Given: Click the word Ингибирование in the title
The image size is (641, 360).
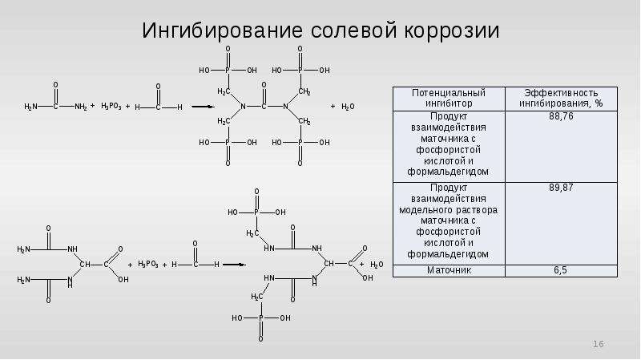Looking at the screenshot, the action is pos(222,31).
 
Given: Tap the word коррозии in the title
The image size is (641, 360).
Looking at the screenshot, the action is pos(452,31).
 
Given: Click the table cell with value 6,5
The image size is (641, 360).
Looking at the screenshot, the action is pos(560,270).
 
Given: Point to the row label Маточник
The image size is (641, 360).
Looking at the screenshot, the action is pos(449,270).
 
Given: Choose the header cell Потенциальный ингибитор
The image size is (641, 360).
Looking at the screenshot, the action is pos(449,98).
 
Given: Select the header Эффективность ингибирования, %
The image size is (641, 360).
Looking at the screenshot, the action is pos(561,98).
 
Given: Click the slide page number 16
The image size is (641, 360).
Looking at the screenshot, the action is pos(599,344).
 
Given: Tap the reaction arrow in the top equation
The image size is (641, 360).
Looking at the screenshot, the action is pos(203,107).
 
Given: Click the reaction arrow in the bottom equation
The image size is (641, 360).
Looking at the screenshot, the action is pos(234,265).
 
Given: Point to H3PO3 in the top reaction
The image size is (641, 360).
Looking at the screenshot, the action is pos(111,107).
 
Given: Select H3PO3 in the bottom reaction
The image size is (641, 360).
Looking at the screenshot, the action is pos(148,264).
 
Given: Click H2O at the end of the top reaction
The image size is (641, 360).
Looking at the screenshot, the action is pos(348,107).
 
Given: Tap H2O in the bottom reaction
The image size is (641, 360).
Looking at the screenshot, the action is pos(377,265).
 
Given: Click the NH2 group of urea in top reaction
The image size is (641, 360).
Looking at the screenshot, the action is pos(81,107).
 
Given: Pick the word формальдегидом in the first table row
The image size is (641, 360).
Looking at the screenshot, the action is pos(448,172).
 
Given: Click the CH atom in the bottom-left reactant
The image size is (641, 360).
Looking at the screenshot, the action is pos(85,265).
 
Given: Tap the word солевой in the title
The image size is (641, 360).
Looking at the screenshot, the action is pos(354,31).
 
